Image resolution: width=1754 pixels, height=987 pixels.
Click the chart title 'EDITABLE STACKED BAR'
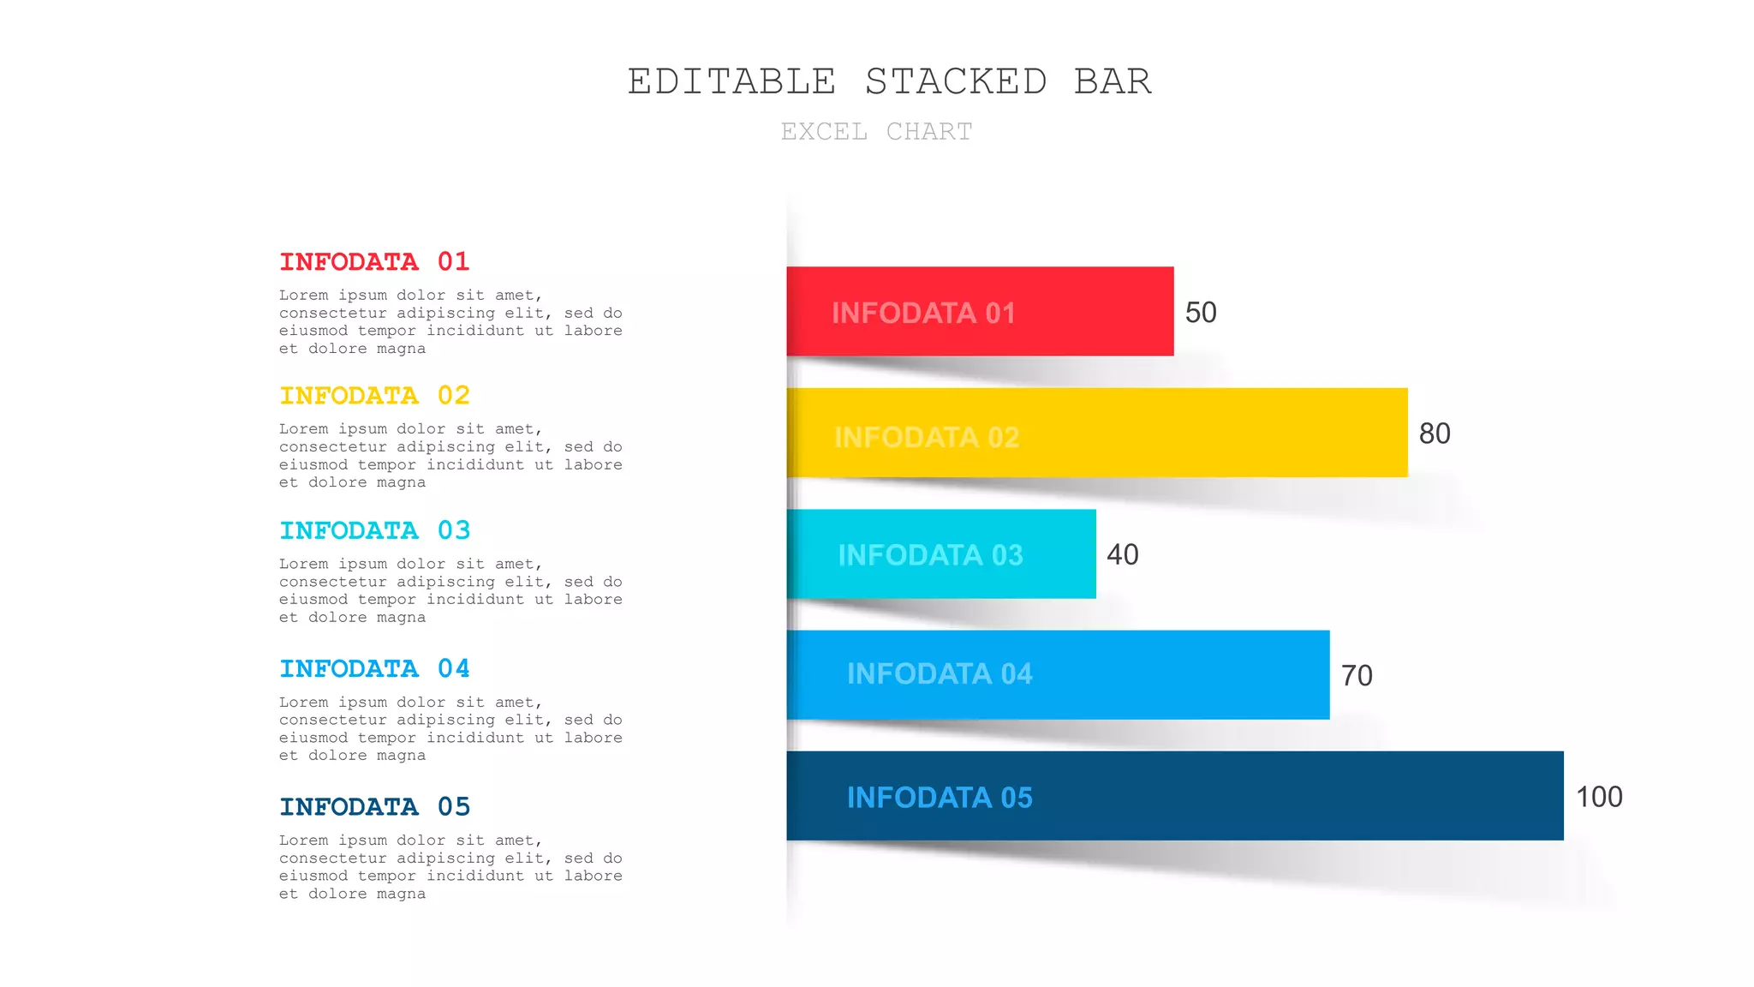pos(889,81)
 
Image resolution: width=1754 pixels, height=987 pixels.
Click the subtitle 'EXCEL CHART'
pos(876,131)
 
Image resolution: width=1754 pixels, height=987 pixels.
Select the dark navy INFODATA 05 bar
pos(1285,796)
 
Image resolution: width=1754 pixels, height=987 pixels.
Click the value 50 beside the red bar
pos(1201,312)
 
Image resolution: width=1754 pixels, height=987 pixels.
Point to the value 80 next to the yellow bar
pos(1435,434)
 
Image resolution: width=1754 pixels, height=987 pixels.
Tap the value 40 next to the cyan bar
pos(1122,554)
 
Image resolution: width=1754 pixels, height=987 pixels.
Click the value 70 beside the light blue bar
pos(1357,675)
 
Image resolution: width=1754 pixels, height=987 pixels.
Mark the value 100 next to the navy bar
pos(1599,797)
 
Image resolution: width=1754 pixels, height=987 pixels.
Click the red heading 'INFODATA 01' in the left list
pos(374,261)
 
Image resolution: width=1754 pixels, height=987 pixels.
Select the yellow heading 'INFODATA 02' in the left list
pos(374,395)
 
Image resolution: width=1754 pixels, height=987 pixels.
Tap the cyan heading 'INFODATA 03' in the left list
pos(374,530)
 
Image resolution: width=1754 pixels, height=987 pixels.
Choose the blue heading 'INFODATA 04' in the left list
pos(374,668)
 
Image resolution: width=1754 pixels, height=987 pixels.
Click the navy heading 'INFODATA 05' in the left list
pos(374,806)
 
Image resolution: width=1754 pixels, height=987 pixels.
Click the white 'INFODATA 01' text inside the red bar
pos(923,313)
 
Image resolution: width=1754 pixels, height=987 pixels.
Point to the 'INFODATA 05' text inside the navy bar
pos(940,798)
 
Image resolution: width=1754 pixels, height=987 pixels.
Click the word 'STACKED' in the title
pos(956,81)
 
